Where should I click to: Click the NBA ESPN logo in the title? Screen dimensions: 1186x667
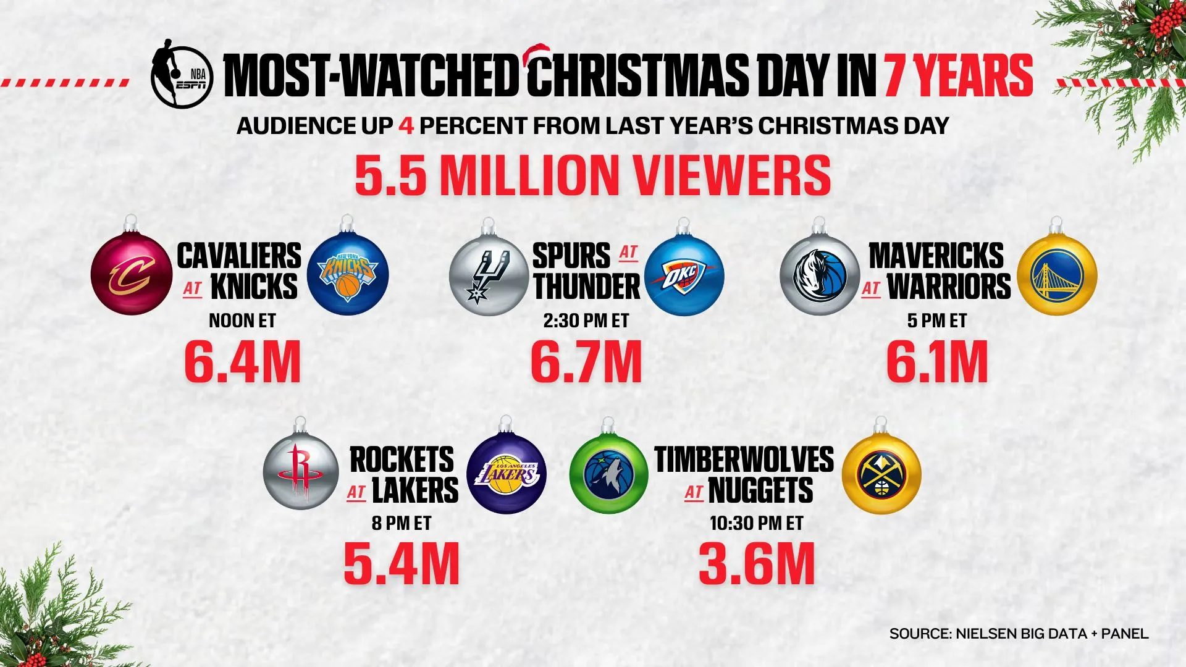182,75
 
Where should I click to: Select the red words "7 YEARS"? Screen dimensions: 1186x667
959,76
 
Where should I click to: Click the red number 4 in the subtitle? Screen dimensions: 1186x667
406,126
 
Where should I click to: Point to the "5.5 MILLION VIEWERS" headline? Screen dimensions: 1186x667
593,175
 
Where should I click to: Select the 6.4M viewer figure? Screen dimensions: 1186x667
243,362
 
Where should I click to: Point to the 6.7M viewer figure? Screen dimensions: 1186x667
586,362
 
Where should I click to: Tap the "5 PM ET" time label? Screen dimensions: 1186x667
937,321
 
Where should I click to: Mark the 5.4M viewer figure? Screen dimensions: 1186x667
402,564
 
